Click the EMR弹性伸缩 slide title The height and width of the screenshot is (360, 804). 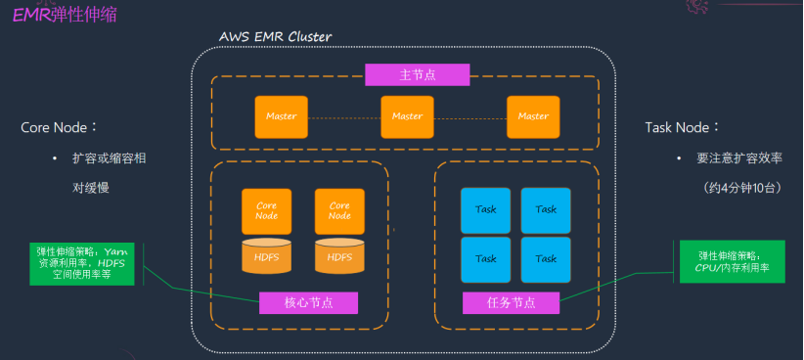click(x=65, y=15)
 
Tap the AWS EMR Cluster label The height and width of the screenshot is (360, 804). click(x=275, y=37)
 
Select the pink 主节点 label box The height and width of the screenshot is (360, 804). click(x=418, y=75)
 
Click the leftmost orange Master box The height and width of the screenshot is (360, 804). click(x=282, y=117)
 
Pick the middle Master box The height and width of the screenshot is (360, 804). click(x=407, y=117)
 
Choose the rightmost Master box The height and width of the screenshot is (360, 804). click(x=533, y=117)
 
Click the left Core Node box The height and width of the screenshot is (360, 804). click(x=267, y=211)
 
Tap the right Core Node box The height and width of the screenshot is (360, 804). click(x=339, y=211)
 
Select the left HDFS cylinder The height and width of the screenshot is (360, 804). click(x=267, y=255)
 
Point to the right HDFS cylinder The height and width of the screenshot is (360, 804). click(x=339, y=255)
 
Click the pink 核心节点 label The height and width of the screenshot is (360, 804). click(x=309, y=302)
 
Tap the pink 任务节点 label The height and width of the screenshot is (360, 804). click(x=512, y=302)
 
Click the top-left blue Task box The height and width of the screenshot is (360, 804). click(x=485, y=210)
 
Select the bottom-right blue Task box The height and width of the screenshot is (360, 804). click(x=546, y=259)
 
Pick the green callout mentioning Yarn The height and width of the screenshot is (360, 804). click(x=82, y=263)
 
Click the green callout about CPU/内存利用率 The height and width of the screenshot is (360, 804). click(x=733, y=261)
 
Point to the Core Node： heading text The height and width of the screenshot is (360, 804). click(x=59, y=127)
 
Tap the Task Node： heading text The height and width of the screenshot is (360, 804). click(x=683, y=127)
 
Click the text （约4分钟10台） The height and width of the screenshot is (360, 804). click(x=742, y=188)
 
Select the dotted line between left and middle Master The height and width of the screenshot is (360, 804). click(x=344, y=117)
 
